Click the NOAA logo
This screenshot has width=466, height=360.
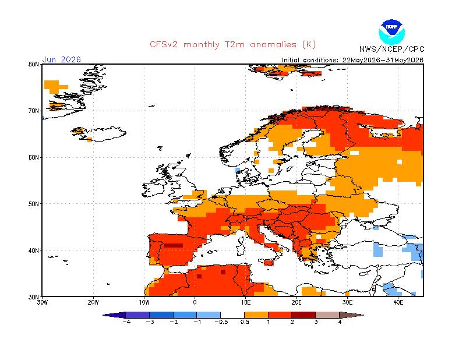tap(391, 32)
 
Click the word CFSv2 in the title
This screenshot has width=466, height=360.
tap(164, 45)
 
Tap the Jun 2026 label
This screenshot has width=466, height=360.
tap(62, 59)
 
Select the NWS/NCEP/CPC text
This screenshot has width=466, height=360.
tap(391, 49)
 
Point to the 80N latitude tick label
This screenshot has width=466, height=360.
tap(34, 64)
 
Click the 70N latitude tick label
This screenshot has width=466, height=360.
tap(34, 111)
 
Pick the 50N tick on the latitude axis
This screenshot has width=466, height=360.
tap(34, 204)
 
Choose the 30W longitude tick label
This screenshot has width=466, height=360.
tap(42, 302)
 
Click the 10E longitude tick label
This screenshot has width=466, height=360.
tap(245, 302)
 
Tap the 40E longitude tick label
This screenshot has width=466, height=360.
tap(398, 302)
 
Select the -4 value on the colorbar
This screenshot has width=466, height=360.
tap(126, 322)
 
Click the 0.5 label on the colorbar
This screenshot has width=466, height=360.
tap(245, 322)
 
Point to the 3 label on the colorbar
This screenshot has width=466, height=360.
tap(316, 322)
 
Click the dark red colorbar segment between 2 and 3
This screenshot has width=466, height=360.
tap(303, 315)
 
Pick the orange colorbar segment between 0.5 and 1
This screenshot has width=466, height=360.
tap(256, 315)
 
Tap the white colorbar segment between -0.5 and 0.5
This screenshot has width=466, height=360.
tap(232, 315)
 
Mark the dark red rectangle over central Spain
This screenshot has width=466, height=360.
tap(173, 246)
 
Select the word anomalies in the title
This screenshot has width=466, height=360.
tap(273, 45)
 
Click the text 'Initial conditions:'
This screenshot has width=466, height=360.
tap(310, 60)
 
